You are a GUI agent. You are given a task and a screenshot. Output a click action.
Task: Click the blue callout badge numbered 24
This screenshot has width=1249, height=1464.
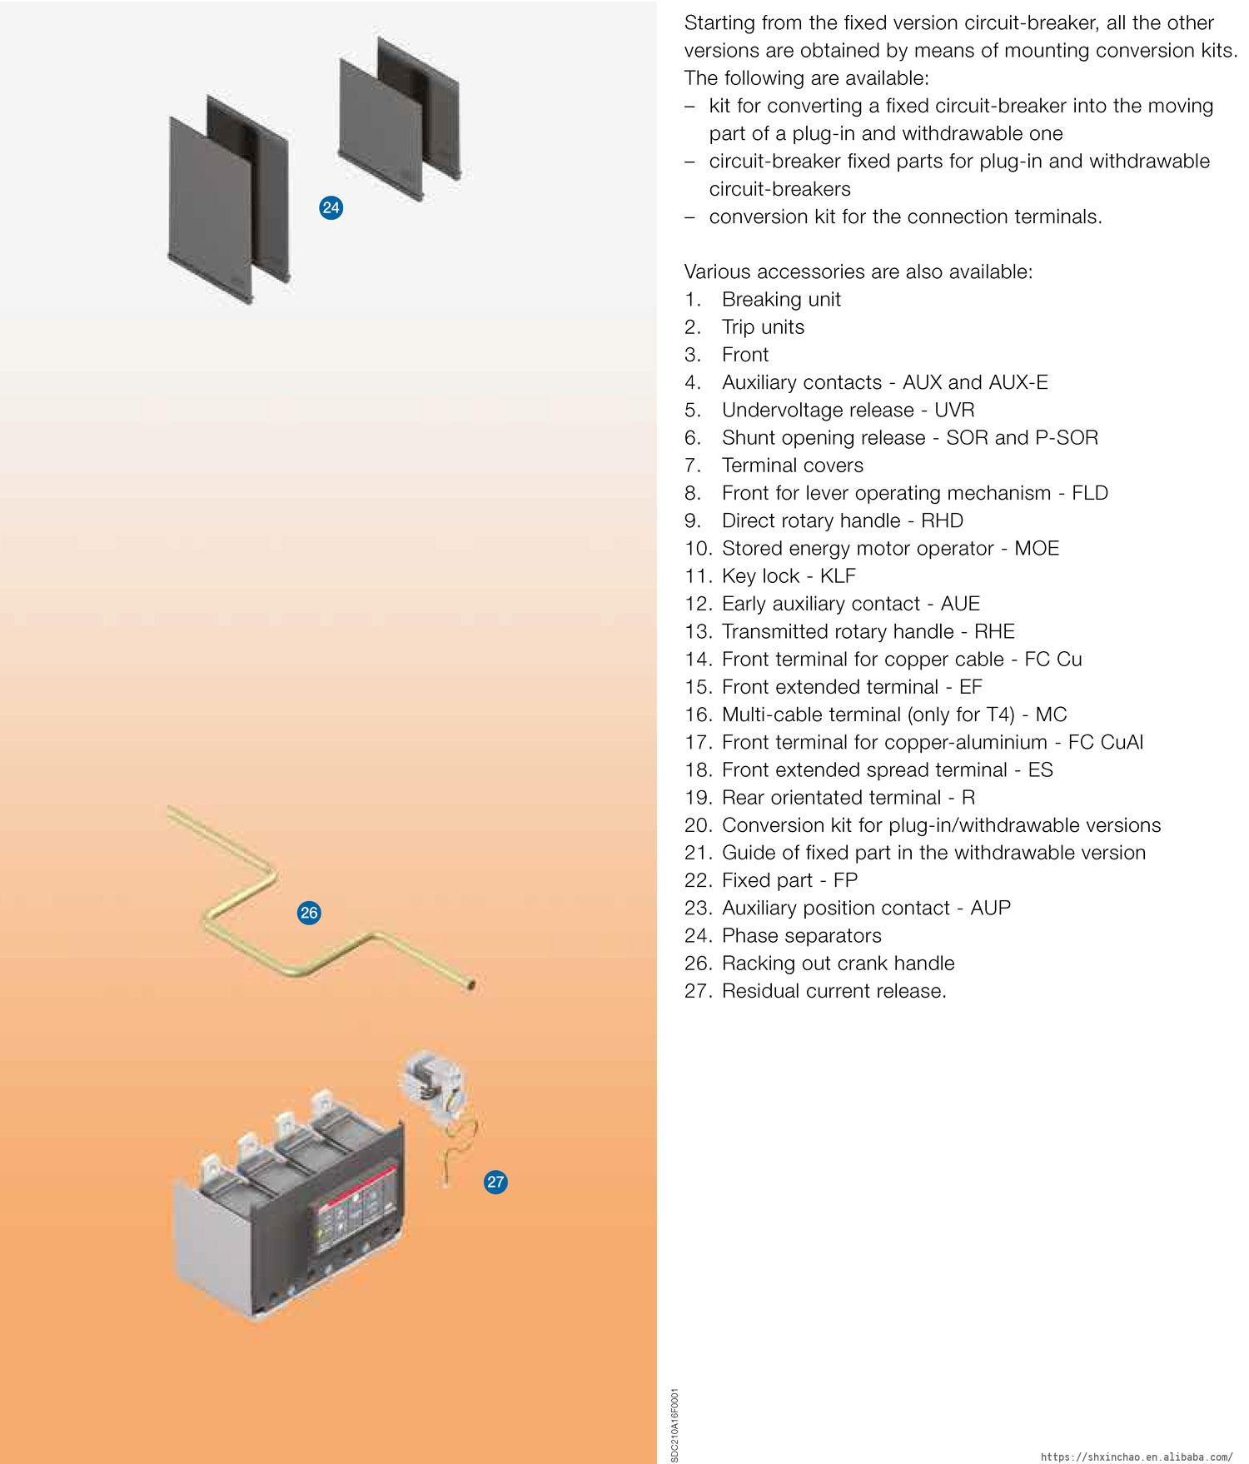coord(331,207)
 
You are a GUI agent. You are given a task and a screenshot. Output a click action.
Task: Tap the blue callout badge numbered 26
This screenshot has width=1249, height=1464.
coord(309,913)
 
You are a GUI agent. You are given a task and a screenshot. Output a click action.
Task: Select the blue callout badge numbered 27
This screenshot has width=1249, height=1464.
coord(495,1182)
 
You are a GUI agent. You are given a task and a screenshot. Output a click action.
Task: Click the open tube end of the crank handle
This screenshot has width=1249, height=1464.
coord(473,985)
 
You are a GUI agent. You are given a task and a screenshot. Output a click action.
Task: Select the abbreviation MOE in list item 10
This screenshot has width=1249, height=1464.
coord(1036,548)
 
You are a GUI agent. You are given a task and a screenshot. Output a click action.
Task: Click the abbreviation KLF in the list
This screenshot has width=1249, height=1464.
coord(837,575)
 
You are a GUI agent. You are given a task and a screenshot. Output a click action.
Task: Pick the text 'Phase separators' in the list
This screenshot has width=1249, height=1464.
coord(801,935)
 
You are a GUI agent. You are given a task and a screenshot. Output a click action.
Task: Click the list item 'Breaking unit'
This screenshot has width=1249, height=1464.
coord(781,299)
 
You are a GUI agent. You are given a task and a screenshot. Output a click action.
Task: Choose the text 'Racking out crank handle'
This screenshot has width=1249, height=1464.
coord(838,963)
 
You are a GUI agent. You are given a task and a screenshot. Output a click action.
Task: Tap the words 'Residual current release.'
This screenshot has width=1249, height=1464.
coord(833,991)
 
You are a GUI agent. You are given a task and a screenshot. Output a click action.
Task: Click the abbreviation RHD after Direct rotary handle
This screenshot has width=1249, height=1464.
coord(942,520)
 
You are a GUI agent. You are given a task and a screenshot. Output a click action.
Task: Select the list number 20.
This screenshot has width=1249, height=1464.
coord(698,825)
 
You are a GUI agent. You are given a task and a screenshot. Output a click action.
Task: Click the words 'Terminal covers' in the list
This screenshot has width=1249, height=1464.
coord(792,465)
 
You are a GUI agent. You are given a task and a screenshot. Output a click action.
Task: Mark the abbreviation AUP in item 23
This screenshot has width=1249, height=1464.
coord(990,908)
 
